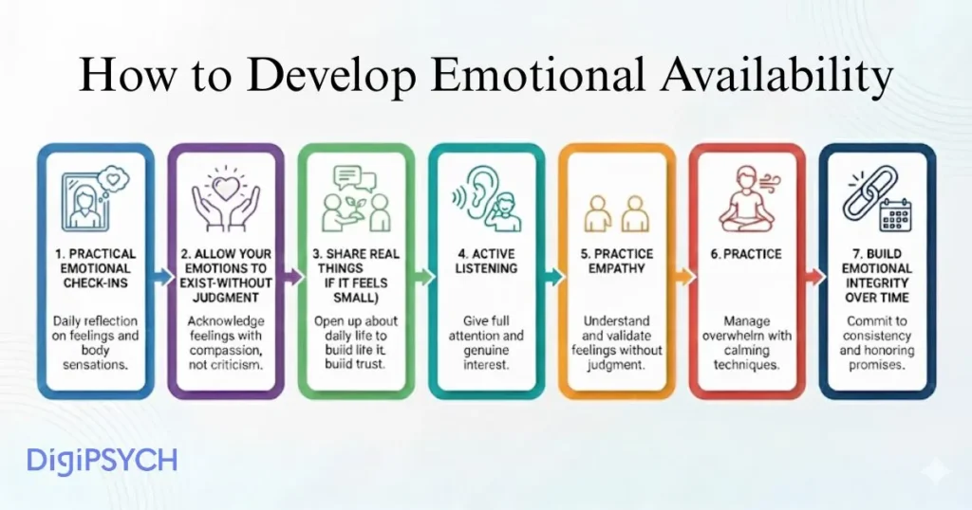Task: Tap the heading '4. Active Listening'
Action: click(487, 262)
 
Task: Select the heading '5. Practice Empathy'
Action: click(617, 262)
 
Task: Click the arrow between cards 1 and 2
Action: click(159, 275)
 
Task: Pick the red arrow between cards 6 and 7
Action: click(812, 275)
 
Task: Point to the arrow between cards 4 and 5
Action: click(551, 275)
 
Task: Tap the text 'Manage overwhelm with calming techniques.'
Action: click(747, 343)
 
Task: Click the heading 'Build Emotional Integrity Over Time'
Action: click(876, 276)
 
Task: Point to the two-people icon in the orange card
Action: click(617, 212)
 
